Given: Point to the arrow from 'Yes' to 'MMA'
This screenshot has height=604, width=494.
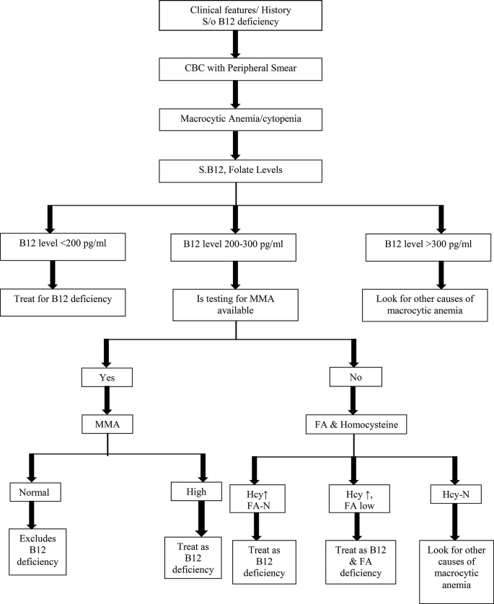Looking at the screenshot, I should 108,400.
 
